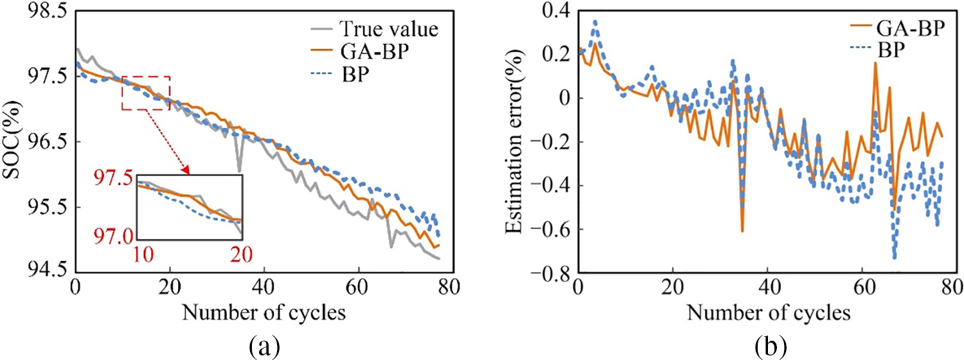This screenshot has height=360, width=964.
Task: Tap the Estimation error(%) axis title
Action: (x=517, y=143)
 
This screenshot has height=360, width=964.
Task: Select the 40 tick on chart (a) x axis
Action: (x=265, y=289)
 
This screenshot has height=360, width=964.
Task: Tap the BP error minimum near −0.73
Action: (x=894, y=257)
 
